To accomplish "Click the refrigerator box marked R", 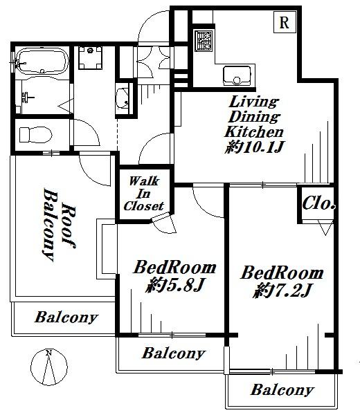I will coord(284,22).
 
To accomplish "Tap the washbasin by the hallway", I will coord(125,98).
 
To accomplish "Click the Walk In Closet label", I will coord(143,194).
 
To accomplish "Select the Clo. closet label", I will coord(319,204).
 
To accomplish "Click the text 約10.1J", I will coord(254,147).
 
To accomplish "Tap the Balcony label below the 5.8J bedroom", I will coord(173,353).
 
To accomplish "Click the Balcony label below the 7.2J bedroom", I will coord(282,390).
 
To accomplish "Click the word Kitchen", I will coord(254,131).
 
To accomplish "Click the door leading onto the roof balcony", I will coord(93,166).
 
